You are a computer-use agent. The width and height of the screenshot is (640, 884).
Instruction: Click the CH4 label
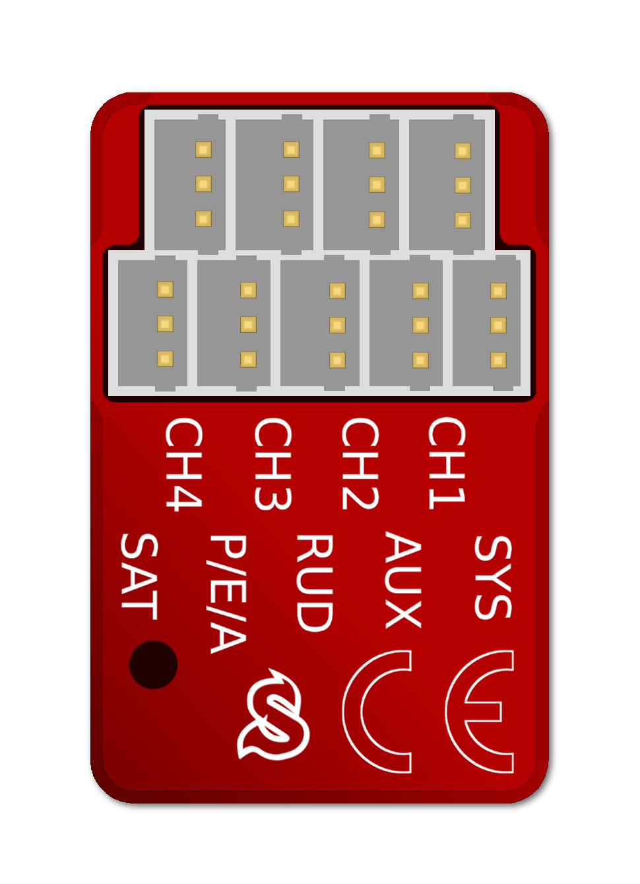tap(183, 463)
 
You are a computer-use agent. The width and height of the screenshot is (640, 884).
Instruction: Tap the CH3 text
tap(272, 463)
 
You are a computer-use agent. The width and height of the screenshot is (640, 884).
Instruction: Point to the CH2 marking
tap(360, 463)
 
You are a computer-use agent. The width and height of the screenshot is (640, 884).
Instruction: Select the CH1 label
tap(447, 463)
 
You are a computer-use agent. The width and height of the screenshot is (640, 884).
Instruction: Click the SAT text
tap(139, 576)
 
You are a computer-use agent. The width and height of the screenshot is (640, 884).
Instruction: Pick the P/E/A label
tap(228, 594)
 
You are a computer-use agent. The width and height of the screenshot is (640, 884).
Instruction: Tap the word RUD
tap(314, 582)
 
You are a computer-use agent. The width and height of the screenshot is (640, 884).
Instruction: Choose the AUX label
tap(402, 580)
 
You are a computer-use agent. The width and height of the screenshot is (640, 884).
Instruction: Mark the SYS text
tap(493, 577)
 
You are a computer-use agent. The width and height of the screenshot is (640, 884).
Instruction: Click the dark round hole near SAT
tap(153, 665)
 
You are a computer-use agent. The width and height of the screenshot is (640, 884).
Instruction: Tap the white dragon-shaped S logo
tap(272, 716)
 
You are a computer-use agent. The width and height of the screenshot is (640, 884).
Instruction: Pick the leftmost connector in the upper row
tap(190, 184)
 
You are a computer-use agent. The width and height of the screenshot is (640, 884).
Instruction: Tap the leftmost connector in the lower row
tap(152, 323)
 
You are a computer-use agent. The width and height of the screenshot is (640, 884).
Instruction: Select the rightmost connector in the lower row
tap(487, 323)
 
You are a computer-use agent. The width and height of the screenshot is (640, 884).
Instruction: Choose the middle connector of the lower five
tap(320, 323)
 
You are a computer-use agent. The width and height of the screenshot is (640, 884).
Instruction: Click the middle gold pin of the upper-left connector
tap(203, 184)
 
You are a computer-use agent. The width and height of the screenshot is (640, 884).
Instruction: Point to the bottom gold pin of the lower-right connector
tap(498, 360)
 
